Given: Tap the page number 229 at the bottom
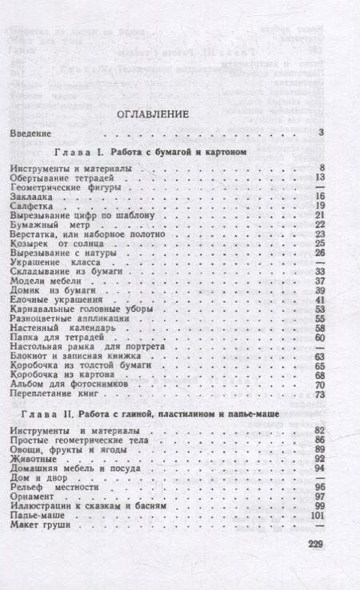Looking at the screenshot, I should tap(312, 546).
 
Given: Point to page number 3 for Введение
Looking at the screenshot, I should tap(319, 132).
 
